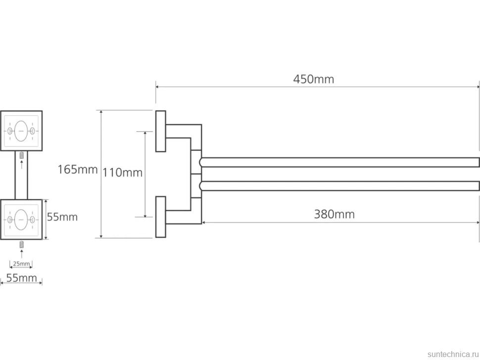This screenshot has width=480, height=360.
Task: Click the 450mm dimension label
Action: click(313, 79)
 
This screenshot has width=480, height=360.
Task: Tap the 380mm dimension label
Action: click(335, 214)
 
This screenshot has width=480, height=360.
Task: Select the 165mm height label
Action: click(78, 170)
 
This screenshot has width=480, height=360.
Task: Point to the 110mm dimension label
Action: click(122, 173)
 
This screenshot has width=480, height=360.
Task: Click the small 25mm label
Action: click(21, 264)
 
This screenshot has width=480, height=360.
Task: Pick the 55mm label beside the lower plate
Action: click(62, 217)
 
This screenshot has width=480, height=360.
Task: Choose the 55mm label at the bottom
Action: click(21, 278)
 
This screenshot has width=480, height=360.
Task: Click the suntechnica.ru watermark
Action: click(453, 354)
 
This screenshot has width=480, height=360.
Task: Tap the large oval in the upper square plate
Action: click(21, 131)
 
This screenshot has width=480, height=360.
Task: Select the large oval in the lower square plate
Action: click(21, 220)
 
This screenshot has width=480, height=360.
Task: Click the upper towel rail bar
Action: click(339, 162)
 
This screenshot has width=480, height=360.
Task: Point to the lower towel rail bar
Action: click(339, 186)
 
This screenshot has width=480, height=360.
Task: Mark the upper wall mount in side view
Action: click(161, 131)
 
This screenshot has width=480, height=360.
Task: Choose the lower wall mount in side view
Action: click(161, 217)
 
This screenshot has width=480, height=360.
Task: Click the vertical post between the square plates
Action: click(21, 175)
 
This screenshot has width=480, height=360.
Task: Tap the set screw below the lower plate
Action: click(21, 244)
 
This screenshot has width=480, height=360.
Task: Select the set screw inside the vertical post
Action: click(21, 155)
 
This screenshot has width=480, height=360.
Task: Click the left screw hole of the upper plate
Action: click(10, 131)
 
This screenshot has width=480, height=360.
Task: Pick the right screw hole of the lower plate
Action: click(32, 220)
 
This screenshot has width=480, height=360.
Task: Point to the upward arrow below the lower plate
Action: click(21, 254)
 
